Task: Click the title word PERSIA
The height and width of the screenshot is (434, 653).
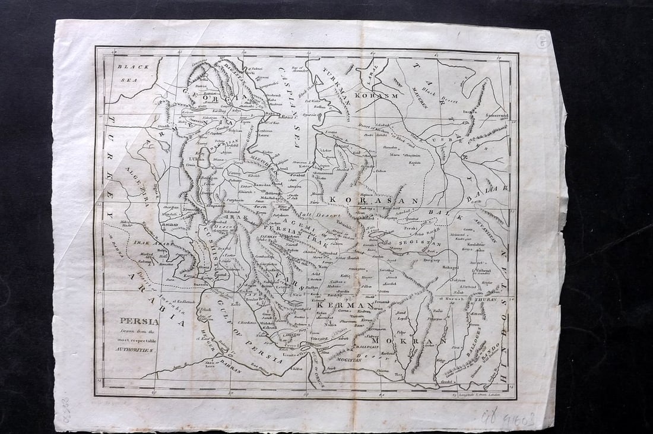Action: (138, 321)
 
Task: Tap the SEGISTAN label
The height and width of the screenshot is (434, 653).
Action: (420, 243)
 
